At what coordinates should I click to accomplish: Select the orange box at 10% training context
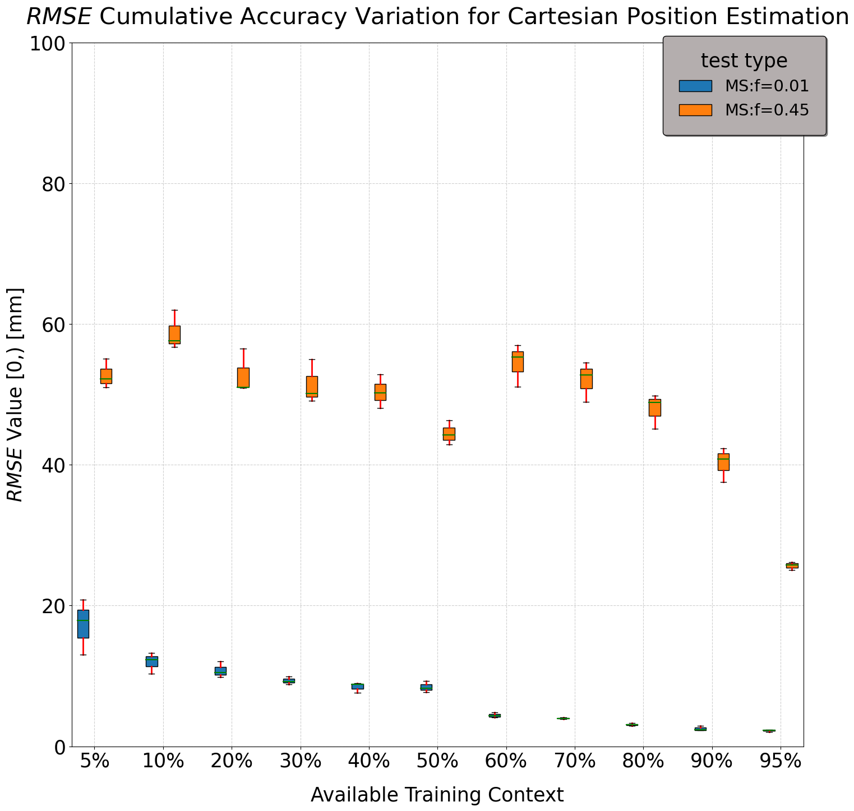[174, 335]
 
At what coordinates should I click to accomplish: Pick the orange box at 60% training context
[518, 362]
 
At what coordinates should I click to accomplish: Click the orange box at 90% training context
[723, 462]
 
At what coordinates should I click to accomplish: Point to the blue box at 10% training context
[152, 661]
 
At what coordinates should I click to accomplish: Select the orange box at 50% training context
[449, 434]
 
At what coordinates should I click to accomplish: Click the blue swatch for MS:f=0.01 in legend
[695, 86]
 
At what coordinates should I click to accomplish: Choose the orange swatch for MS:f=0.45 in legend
[695, 110]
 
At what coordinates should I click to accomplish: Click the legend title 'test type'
[744, 61]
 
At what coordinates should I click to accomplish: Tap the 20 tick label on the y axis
[54, 606]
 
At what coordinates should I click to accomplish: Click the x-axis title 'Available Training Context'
[437, 795]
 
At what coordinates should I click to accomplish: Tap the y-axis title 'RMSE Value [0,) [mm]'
[15, 395]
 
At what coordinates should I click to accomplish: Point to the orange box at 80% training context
[654, 407]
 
